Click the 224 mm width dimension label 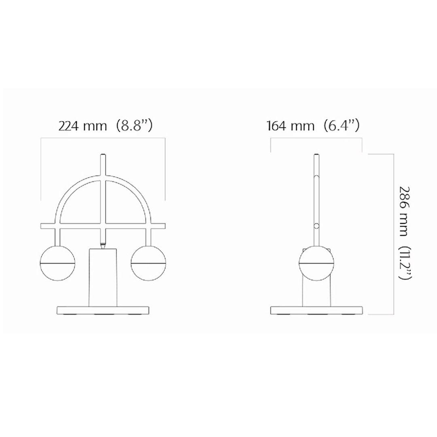pyautogui.click(x=83, y=126)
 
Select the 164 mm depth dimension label pyautogui.click(x=291, y=126)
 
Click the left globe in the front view pyautogui.click(x=58, y=263)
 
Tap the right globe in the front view pyautogui.click(x=148, y=263)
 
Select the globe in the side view pyautogui.click(x=316, y=263)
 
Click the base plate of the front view pyautogui.click(x=103, y=310)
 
